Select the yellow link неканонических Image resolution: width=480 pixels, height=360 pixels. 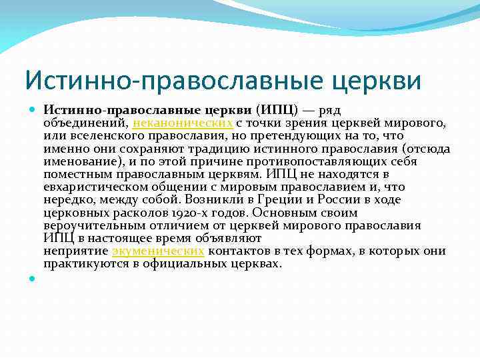pos(183,123)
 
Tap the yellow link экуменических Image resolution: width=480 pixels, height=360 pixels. pos(158,251)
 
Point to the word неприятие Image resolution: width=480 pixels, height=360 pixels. pos(76,251)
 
